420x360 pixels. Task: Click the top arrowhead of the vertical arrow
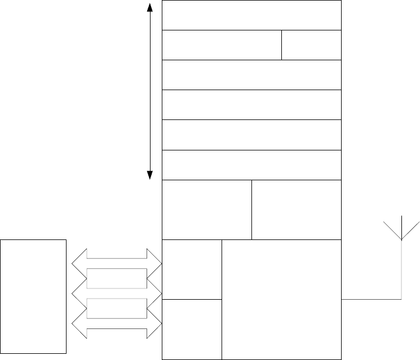150,7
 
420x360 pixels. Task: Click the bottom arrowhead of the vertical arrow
150,175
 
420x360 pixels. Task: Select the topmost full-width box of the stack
251,15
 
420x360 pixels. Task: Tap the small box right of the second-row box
311,45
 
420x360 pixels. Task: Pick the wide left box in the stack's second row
222,45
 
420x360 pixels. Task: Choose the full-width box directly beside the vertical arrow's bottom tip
251,165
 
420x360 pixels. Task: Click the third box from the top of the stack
251,75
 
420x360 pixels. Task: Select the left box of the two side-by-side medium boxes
207,210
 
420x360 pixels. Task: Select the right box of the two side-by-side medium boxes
297,210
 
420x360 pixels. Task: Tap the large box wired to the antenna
282,299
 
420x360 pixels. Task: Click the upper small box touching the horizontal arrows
192,269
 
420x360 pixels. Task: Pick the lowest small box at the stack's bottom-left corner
192,329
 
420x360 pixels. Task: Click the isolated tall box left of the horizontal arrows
33,296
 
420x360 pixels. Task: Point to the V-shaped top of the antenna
401,229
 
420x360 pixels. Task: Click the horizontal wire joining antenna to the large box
371,299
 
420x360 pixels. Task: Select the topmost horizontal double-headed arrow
117,261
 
